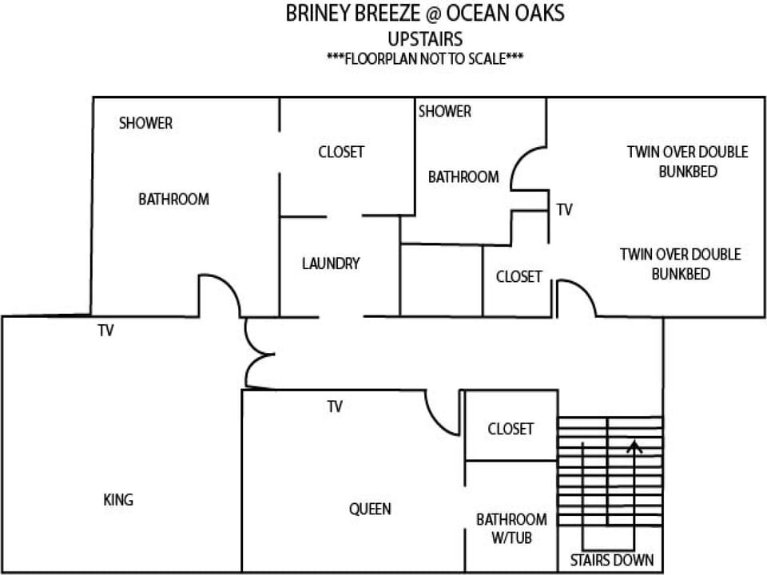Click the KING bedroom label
(118, 500)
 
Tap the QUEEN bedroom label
(370, 509)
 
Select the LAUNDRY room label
(331, 264)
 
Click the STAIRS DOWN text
(612, 560)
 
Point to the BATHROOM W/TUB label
(511, 529)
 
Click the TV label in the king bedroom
(105, 331)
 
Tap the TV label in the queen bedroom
(335, 406)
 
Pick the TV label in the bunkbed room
(565, 210)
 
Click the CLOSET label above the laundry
(341, 152)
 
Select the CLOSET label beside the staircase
(511, 429)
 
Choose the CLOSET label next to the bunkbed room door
(519, 277)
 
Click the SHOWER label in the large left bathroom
(145, 123)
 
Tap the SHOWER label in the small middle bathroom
(445, 112)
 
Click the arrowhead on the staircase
(634, 445)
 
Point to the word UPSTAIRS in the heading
(425, 39)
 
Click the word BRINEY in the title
(317, 14)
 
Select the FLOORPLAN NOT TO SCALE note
(425, 58)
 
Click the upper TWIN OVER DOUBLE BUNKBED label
(688, 162)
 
